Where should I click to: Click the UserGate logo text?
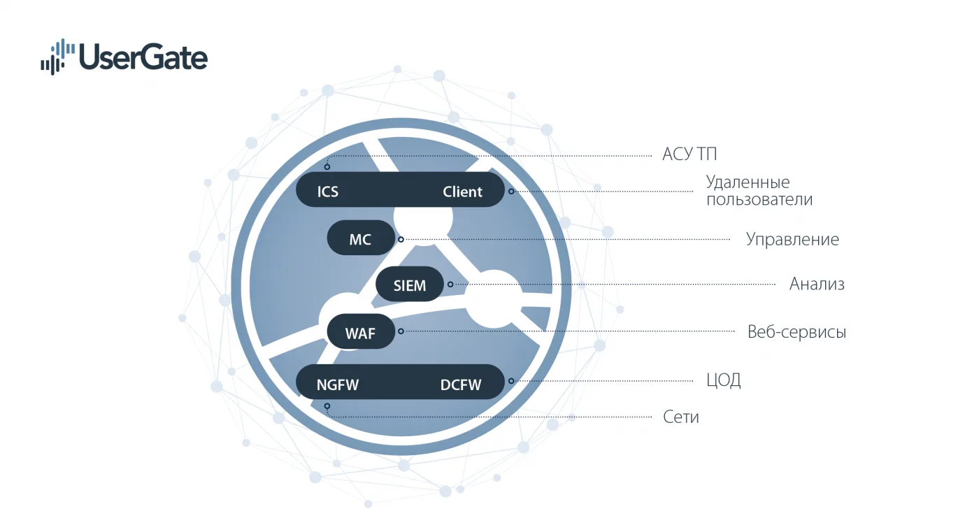pyautogui.click(x=143, y=57)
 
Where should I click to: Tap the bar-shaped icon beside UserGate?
pyautogui.click(x=57, y=57)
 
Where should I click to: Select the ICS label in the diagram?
pyautogui.click(x=328, y=192)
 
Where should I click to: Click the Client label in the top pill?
pyautogui.click(x=462, y=192)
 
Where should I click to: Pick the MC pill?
pyautogui.click(x=361, y=238)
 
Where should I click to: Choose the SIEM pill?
pyautogui.click(x=410, y=284)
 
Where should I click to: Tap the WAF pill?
pyautogui.click(x=361, y=331)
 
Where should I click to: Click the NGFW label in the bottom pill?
pyautogui.click(x=337, y=384)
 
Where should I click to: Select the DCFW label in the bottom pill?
pyautogui.click(x=461, y=384)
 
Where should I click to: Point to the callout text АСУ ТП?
pyautogui.click(x=689, y=154)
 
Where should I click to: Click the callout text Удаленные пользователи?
pyautogui.click(x=759, y=191)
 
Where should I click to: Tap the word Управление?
pyautogui.click(x=792, y=240)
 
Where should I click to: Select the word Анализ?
pyautogui.click(x=817, y=284)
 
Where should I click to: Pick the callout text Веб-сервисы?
pyautogui.click(x=796, y=332)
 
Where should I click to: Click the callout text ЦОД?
pyautogui.click(x=723, y=380)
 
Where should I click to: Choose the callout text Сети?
pyautogui.click(x=681, y=417)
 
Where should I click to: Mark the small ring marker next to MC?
pyautogui.click(x=401, y=239)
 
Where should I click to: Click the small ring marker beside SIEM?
pyautogui.click(x=450, y=285)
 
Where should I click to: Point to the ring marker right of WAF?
pyautogui.click(x=401, y=331)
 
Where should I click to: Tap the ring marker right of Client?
pyautogui.click(x=511, y=192)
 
